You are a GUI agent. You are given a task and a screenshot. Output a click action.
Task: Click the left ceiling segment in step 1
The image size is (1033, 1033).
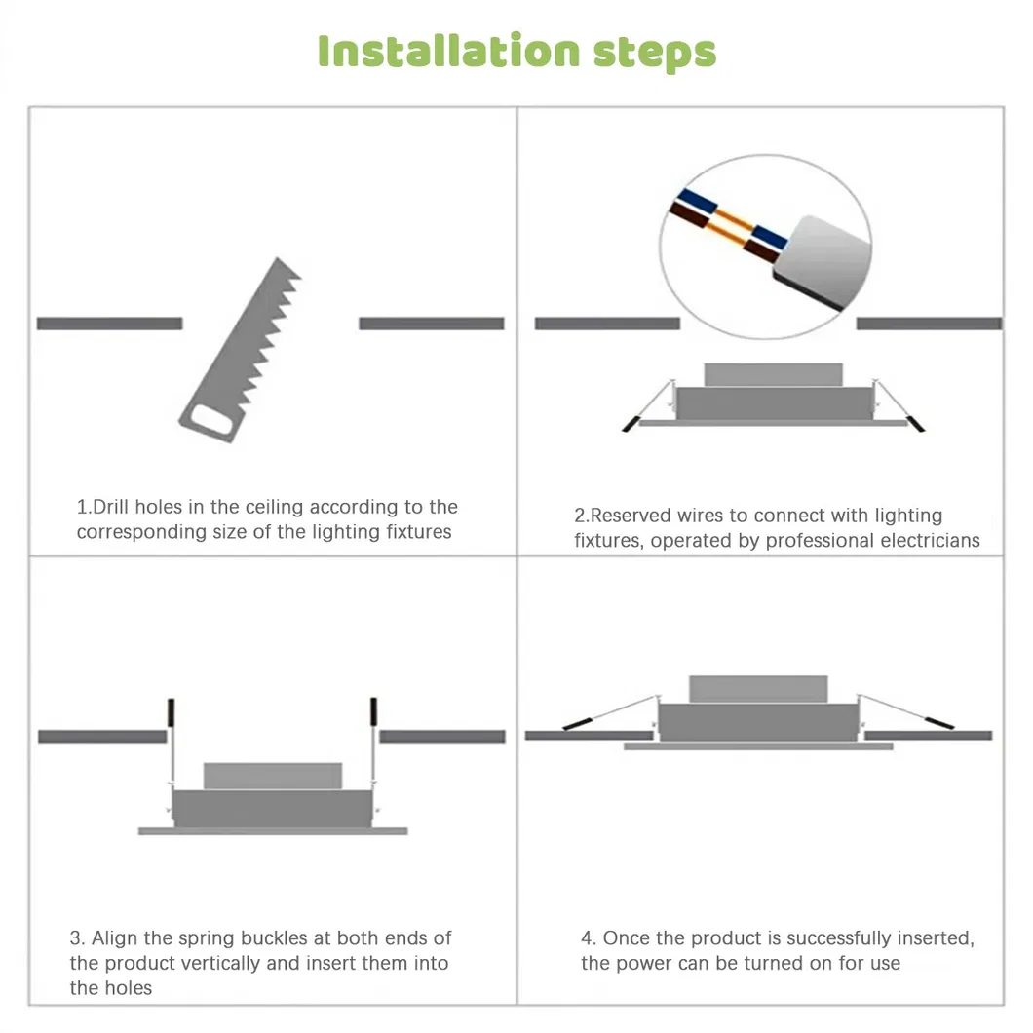point(109,324)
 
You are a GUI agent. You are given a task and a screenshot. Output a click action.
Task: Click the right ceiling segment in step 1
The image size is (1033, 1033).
point(432,324)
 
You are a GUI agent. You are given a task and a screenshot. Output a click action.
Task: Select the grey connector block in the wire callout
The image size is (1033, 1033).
point(827,259)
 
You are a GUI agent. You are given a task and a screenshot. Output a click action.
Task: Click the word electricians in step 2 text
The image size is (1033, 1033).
point(930,541)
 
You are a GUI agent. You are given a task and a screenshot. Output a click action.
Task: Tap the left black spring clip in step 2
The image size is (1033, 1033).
point(631,424)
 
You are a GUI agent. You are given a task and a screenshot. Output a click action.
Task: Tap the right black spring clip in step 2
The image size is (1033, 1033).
point(915,424)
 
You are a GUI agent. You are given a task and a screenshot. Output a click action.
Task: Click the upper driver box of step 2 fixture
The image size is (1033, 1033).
point(773,375)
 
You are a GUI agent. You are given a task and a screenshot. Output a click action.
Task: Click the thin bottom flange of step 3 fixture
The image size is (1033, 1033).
point(273,831)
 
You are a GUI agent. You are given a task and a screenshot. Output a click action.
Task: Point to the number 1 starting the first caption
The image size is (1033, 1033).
point(82,508)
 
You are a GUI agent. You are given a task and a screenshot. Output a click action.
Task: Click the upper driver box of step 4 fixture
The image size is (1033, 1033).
point(758,689)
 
